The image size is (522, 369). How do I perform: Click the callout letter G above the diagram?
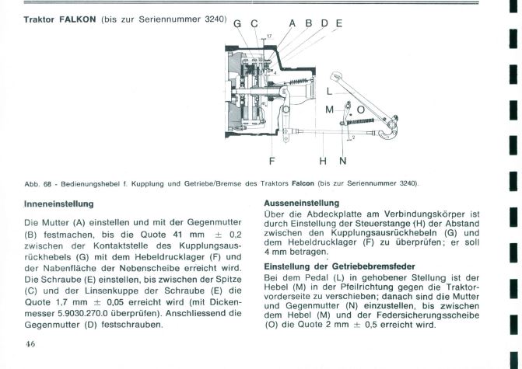238,24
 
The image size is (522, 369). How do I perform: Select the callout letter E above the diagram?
338,23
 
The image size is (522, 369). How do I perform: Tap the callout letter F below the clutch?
272,162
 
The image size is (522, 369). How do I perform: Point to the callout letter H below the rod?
322,162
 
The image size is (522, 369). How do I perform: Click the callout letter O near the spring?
360,110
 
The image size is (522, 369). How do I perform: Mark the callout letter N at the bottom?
342,162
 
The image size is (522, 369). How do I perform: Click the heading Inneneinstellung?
58,204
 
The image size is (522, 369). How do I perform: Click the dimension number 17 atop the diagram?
268,37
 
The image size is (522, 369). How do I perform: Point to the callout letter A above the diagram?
293,23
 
